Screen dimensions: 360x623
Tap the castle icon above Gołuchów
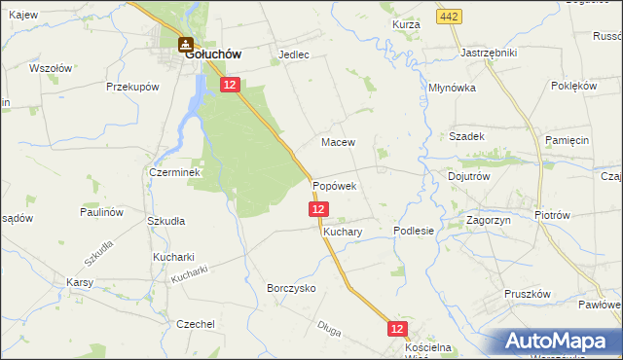pos(184,43)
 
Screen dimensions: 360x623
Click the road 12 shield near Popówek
pos(319,209)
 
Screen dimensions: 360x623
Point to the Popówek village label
pos(335,185)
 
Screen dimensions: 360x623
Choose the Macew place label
pos(339,142)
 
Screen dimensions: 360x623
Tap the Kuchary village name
pos(343,234)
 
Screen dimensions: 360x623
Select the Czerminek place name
pos(174,172)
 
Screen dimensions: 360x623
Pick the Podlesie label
pos(413,231)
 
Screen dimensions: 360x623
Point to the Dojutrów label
pos(468,177)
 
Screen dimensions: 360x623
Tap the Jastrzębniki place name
pos(489,53)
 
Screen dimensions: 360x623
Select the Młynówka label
pos(452,87)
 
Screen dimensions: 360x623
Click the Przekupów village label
pos(132,87)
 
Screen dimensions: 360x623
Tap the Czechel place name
pos(196,324)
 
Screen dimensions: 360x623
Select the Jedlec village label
pos(294,55)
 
